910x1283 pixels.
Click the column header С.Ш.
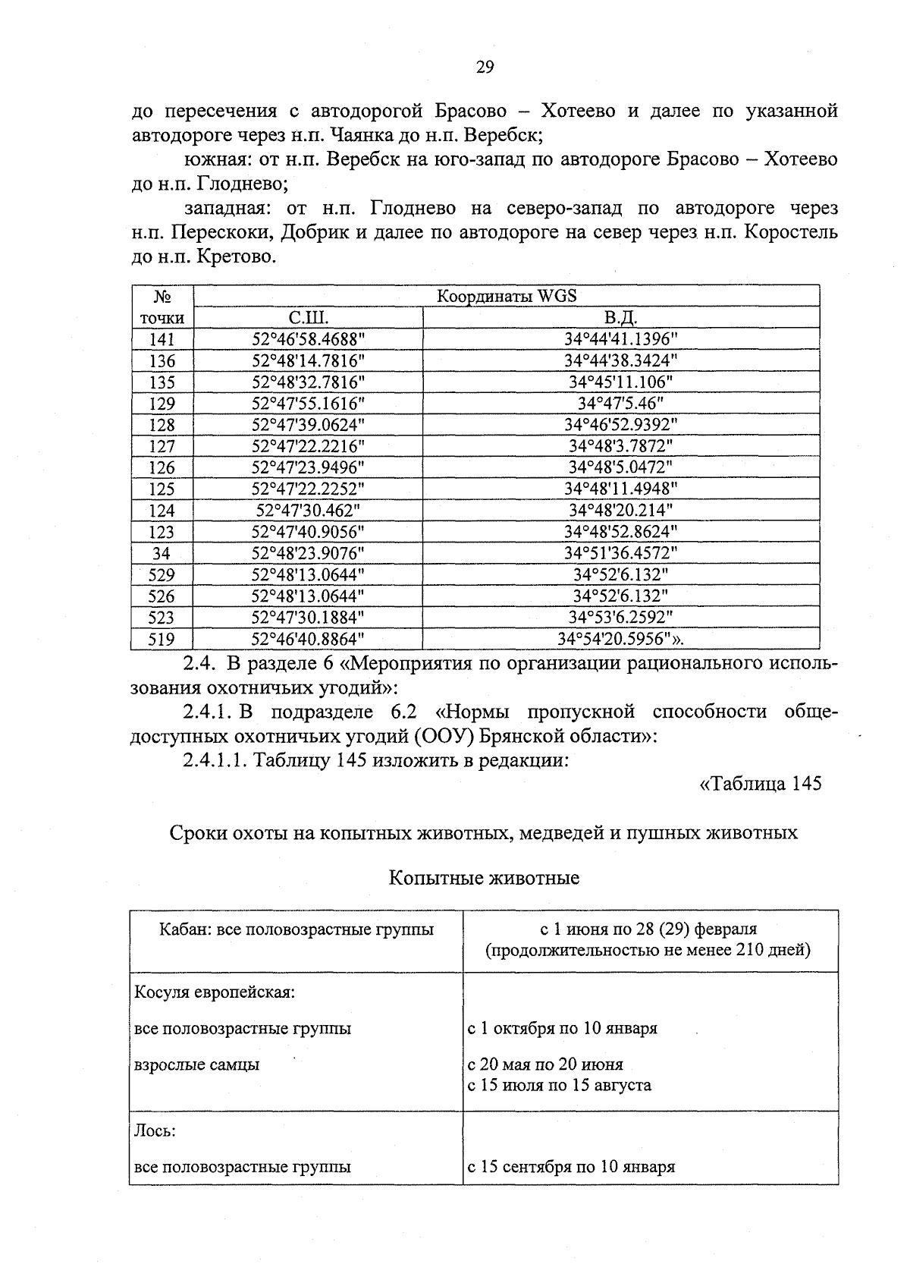(x=308, y=317)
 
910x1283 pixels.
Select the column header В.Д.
(x=620, y=317)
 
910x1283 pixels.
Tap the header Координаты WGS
(x=507, y=296)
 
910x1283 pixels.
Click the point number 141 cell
(x=162, y=339)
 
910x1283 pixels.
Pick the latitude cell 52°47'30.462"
(x=308, y=510)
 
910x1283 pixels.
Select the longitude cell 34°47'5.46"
(x=620, y=403)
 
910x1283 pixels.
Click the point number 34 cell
(x=162, y=553)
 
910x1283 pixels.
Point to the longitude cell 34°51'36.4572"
(x=620, y=553)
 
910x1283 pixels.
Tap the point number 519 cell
(x=162, y=639)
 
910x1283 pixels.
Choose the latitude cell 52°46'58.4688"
(x=308, y=339)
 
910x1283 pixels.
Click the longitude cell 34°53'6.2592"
(x=620, y=618)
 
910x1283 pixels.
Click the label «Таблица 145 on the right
(x=760, y=783)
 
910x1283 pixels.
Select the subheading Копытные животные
(x=484, y=878)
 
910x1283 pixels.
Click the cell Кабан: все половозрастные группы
(x=296, y=929)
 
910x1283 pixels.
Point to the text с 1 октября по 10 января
(x=562, y=1028)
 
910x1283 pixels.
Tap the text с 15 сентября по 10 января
(x=571, y=1167)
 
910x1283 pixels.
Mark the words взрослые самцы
(x=196, y=1064)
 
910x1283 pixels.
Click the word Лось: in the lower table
(x=155, y=1130)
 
